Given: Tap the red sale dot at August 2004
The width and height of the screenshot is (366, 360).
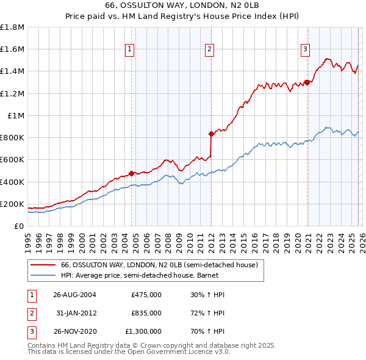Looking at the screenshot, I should point(131,173).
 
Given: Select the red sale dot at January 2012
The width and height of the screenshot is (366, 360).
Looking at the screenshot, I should point(211,134).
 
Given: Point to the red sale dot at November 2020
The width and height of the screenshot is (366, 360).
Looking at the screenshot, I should point(306,82).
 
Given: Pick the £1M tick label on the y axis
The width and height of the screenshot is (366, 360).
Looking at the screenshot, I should point(16,115).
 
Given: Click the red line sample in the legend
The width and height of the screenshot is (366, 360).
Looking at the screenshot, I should point(43,265).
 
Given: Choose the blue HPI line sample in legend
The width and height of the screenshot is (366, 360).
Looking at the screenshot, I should point(43,276).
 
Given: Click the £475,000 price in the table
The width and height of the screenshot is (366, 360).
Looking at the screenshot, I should point(146,295).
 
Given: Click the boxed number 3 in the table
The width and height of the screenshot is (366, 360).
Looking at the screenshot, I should point(30,331).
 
